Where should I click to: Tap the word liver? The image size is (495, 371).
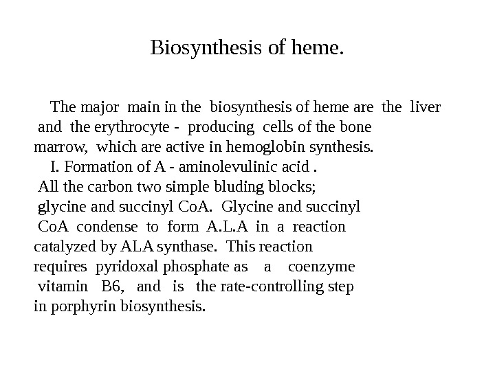(425, 107)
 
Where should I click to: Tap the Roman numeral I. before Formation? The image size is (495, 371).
(55, 167)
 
